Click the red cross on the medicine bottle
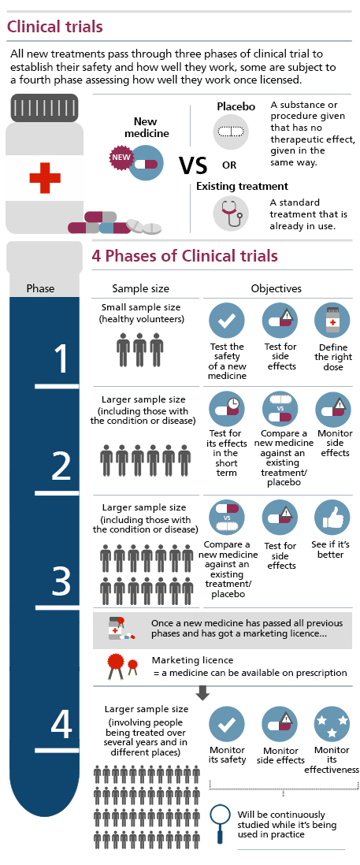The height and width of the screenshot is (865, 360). click(x=45, y=177)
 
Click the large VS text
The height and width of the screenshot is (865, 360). click(x=193, y=165)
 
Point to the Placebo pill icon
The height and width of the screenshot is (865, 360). click(x=231, y=132)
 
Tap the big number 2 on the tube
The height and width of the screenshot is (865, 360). click(x=61, y=466)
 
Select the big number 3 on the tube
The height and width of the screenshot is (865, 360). click(x=61, y=579)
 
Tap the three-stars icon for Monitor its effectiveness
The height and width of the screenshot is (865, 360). click(x=332, y=724)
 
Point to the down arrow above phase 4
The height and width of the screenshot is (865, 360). click(x=203, y=693)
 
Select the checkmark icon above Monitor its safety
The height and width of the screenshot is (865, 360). click(x=227, y=724)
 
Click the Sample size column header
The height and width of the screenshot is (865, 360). click(x=140, y=288)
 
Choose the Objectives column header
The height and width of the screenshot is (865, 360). click(x=276, y=288)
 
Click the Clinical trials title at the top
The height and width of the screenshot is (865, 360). click(x=54, y=27)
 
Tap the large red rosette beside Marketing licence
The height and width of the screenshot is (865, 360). click(x=116, y=664)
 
